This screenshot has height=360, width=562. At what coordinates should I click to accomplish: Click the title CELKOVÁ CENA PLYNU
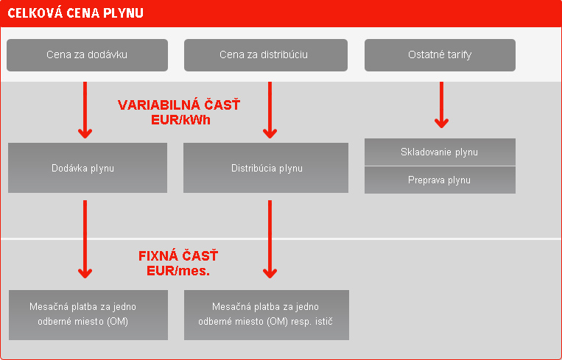point(76,13)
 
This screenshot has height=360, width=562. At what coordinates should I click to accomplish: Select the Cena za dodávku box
point(87,55)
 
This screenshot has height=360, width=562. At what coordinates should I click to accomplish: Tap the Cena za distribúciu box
point(266,55)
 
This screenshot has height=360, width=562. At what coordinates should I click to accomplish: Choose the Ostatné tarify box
point(440,55)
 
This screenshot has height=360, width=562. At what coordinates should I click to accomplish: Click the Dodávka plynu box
point(88,168)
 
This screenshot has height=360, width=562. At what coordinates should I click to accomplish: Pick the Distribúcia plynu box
point(266,168)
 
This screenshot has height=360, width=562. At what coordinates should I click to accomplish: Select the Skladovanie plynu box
point(440,152)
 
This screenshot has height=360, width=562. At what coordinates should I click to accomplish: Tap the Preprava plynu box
point(440,180)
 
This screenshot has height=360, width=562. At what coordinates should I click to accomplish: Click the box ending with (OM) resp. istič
point(267,315)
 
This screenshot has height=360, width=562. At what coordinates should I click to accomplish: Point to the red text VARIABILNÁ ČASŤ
point(179,105)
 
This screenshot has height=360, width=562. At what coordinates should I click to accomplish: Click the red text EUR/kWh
point(180,120)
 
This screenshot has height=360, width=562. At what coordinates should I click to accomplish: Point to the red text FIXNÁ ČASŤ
point(178,256)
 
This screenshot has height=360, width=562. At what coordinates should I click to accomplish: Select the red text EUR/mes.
point(178,271)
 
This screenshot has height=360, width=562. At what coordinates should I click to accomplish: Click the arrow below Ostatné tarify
point(441,105)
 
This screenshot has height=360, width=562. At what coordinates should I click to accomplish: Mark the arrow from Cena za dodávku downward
point(85,110)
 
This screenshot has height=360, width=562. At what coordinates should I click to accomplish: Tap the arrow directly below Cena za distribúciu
point(270,110)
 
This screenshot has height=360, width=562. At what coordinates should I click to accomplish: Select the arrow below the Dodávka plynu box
point(85,239)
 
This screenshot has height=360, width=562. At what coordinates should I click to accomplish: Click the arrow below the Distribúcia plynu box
point(270,239)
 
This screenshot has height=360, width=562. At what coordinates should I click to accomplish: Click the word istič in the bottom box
point(323,321)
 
